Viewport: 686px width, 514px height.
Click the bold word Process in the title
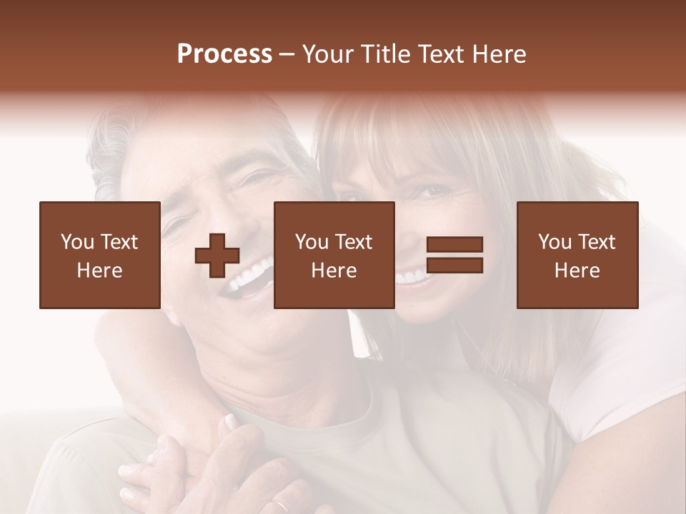tap(224, 54)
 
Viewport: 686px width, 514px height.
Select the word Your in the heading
tap(329, 54)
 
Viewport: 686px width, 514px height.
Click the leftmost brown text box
tap(99, 255)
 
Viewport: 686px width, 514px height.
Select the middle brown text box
tap(334, 255)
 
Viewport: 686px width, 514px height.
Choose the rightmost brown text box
tap(577, 255)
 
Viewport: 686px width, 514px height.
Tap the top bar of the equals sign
tap(454, 245)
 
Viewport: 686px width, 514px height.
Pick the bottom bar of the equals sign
tap(454, 265)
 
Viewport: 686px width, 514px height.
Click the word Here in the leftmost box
tap(99, 271)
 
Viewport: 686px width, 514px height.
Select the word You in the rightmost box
tap(555, 242)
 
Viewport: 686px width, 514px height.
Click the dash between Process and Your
tap(287, 54)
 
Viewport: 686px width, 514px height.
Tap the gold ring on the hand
tap(281, 506)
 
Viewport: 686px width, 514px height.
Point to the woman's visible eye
tap(428, 191)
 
